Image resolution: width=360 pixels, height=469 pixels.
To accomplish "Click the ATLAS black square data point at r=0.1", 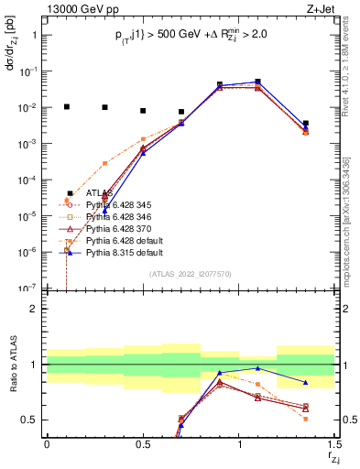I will point(66,106).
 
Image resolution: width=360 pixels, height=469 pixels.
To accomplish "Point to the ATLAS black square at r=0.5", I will point(143,111).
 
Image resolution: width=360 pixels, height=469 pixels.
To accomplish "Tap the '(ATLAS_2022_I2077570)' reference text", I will point(190,275).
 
